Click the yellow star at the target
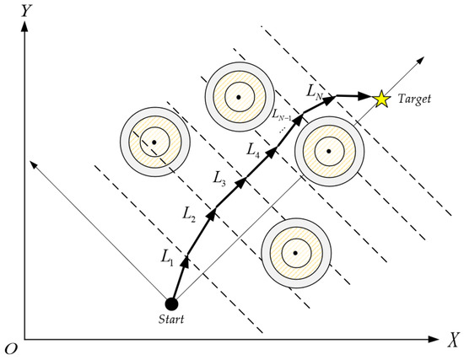tap(381, 99)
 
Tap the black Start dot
tap(171, 304)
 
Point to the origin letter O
tap(11, 348)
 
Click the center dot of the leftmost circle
tap(154, 141)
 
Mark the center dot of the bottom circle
tap(294, 252)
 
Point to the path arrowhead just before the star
tap(370, 99)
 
